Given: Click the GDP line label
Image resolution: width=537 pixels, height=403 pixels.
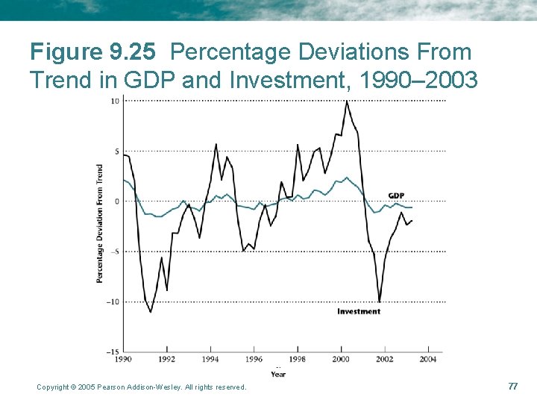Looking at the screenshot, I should (x=397, y=196).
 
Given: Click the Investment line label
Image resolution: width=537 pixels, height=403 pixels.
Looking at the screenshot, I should (x=359, y=311).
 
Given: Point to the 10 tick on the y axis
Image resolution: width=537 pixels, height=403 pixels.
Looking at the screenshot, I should (x=116, y=101).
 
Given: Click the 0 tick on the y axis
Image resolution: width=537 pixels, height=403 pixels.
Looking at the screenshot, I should (x=117, y=201).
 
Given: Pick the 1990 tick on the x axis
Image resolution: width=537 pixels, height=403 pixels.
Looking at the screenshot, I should (x=123, y=359).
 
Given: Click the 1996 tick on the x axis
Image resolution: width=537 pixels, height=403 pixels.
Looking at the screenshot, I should (x=254, y=359).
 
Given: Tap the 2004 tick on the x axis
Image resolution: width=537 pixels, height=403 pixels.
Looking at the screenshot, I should (x=428, y=359).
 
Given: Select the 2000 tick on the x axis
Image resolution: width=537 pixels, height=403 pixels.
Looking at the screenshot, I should (x=341, y=359).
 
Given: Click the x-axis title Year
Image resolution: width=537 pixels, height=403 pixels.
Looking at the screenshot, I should (x=277, y=374).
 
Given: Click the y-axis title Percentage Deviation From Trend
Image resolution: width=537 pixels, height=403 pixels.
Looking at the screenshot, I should (x=99, y=223).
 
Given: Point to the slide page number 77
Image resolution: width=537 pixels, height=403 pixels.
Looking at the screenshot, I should (x=512, y=386).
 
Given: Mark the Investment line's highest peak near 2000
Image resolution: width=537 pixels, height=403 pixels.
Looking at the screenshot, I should (x=346, y=101).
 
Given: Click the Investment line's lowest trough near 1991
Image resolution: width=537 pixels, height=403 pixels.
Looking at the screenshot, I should (x=151, y=312).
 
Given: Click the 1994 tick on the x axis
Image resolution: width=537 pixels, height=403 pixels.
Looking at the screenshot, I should (x=210, y=359).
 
